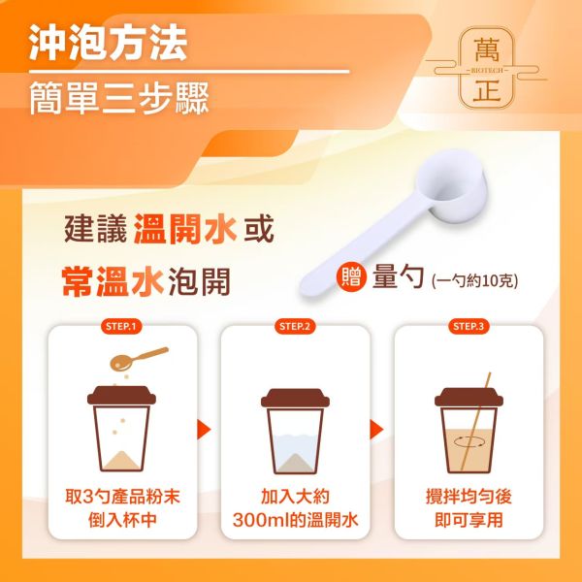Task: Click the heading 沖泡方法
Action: pos(108,44)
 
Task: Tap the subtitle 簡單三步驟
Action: pos(118,97)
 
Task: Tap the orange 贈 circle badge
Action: pos(350,277)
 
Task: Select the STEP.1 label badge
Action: pos(121,326)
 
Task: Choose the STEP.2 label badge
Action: pos(294,326)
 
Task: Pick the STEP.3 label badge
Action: pos(468,326)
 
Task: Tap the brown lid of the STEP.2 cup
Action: pos(294,398)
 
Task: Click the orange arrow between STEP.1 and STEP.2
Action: pos(204,430)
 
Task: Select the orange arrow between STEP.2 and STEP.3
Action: pos(378,430)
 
